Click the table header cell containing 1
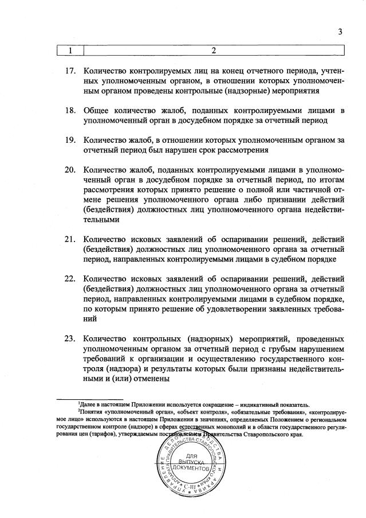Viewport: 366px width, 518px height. point(70,50)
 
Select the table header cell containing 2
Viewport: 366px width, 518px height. point(213,50)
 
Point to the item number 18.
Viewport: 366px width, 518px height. point(70,110)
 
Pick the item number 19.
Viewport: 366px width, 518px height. point(70,139)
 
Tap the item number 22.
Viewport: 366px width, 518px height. point(70,279)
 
